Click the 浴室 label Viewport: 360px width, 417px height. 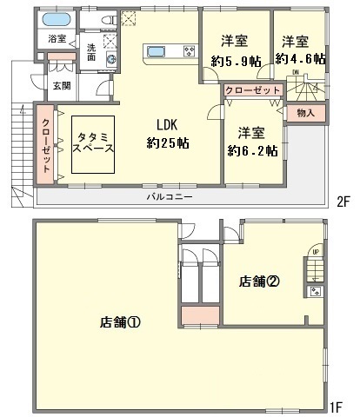[x=57, y=39]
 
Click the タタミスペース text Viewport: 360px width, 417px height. [x=90, y=139]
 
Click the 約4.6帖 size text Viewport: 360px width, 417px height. [x=300, y=59]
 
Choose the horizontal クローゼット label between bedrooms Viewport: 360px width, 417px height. [x=253, y=90]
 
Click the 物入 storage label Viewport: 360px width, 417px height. [x=305, y=112]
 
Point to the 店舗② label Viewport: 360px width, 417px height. [x=260, y=280]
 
